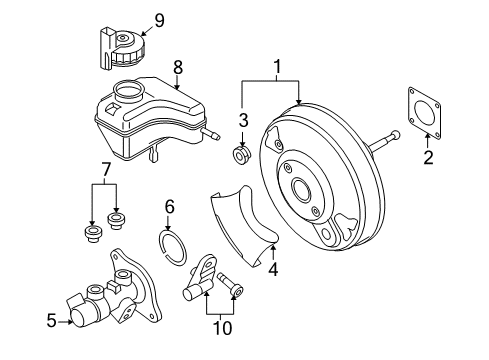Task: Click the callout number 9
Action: point(159,21)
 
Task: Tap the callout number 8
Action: point(178,68)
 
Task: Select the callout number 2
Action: point(428,157)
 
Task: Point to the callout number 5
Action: point(52,321)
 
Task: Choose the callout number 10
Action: point(222,328)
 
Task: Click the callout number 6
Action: point(169,207)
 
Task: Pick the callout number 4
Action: point(273,269)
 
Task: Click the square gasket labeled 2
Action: point(424,113)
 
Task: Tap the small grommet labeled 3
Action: point(242,154)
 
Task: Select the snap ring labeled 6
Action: point(172,248)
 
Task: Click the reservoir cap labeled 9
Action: point(122,50)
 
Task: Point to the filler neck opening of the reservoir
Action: point(127,89)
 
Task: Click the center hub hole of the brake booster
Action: point(302,189)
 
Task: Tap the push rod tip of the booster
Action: point(395,134)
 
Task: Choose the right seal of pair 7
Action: point(116,220)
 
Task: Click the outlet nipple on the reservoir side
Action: point(210,134)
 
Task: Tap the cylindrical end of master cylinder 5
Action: point(81,317)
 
